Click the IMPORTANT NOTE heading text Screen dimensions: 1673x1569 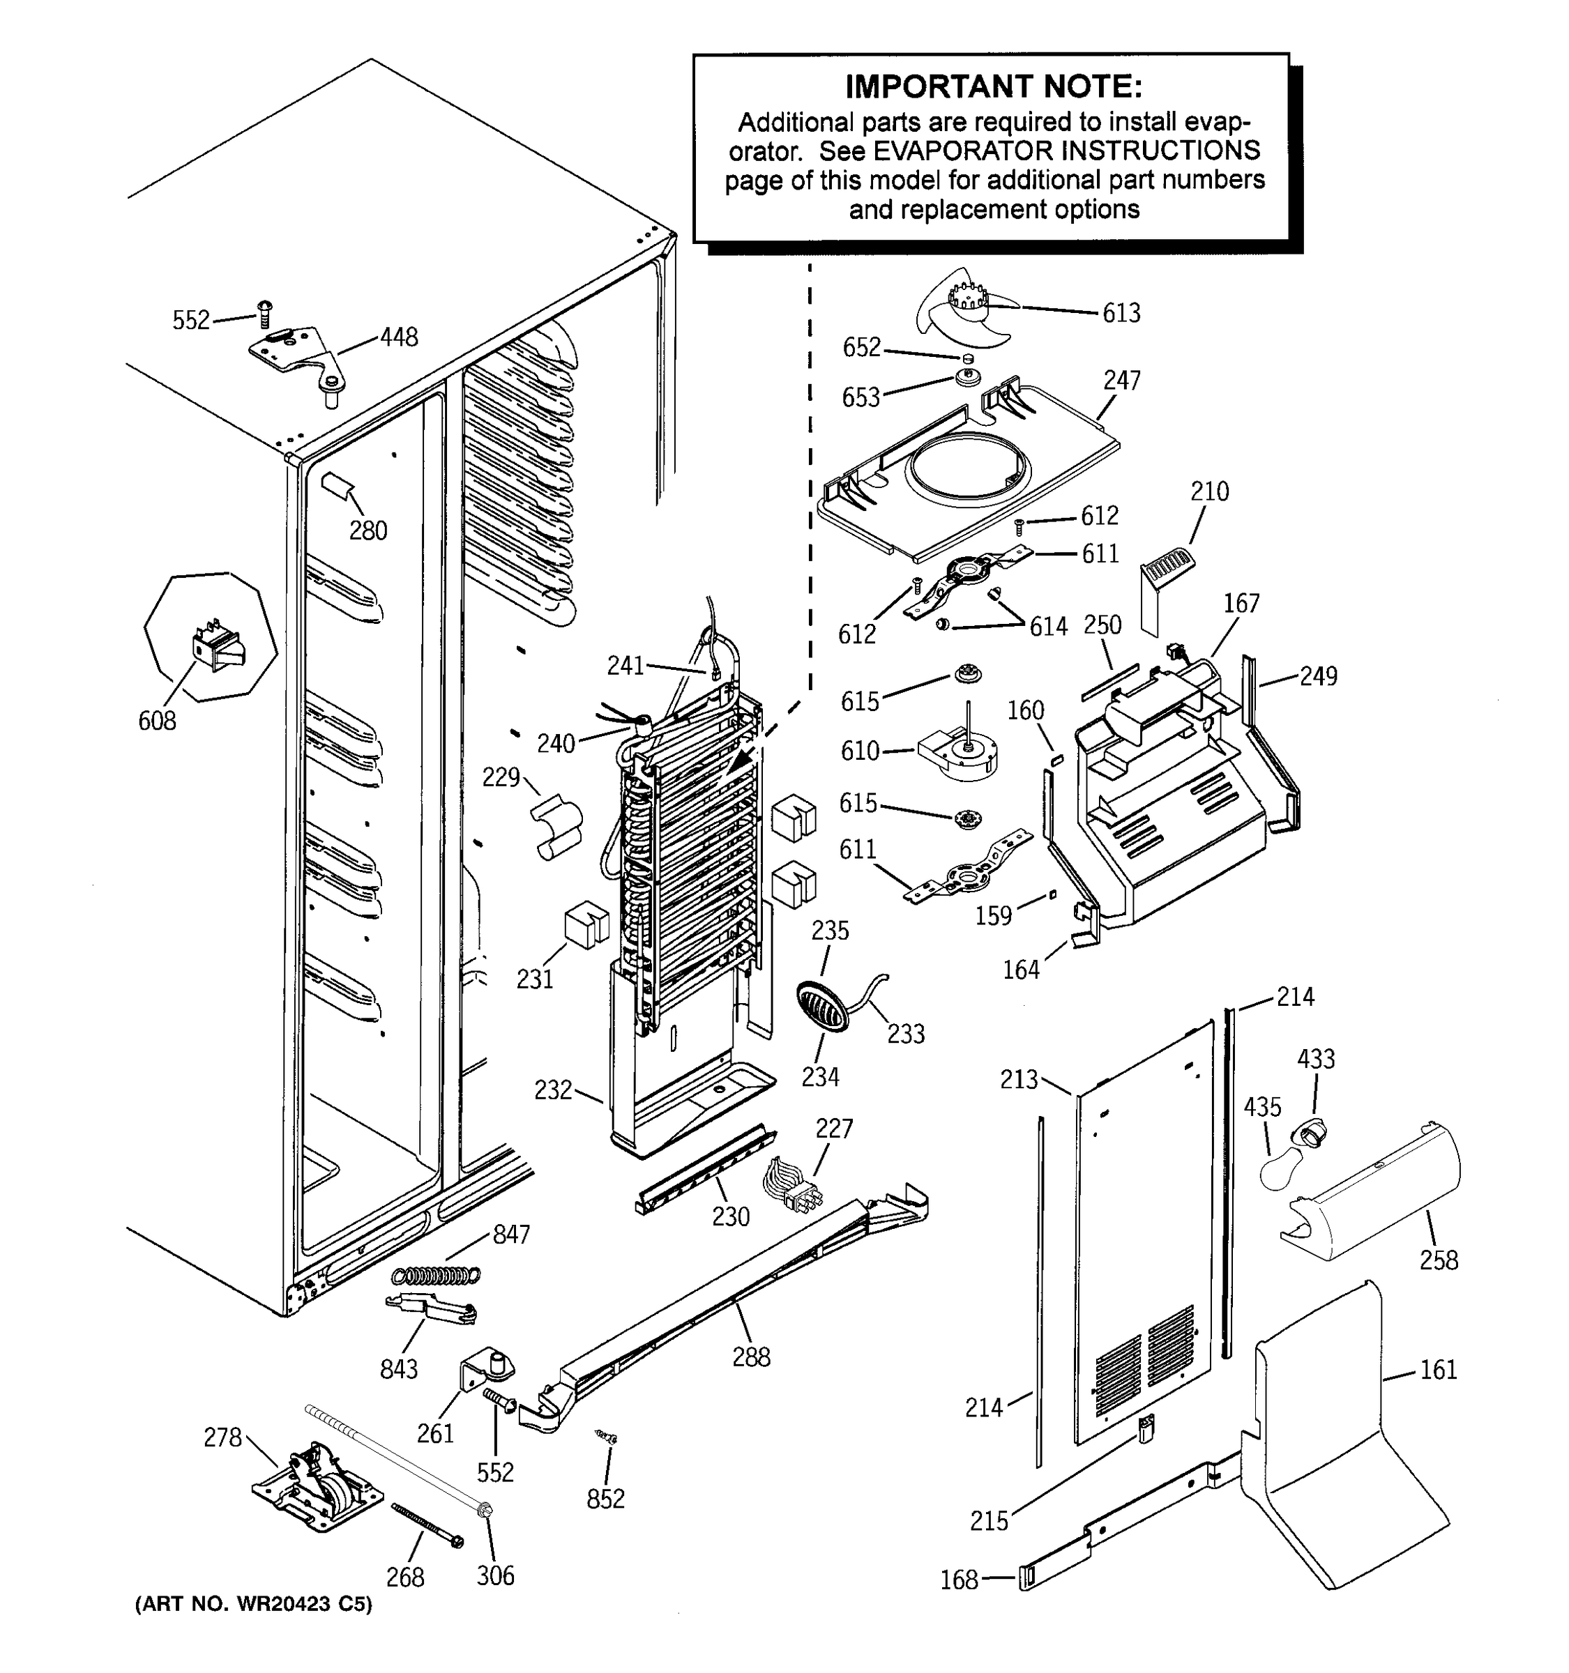(x=993, y=86)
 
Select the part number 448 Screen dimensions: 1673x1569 (x=398, y=337)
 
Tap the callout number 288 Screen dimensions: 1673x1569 (x=751, y=1357)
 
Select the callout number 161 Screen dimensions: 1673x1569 (x=1439, y=1370)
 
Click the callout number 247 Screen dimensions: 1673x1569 (x=1122, y=381)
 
